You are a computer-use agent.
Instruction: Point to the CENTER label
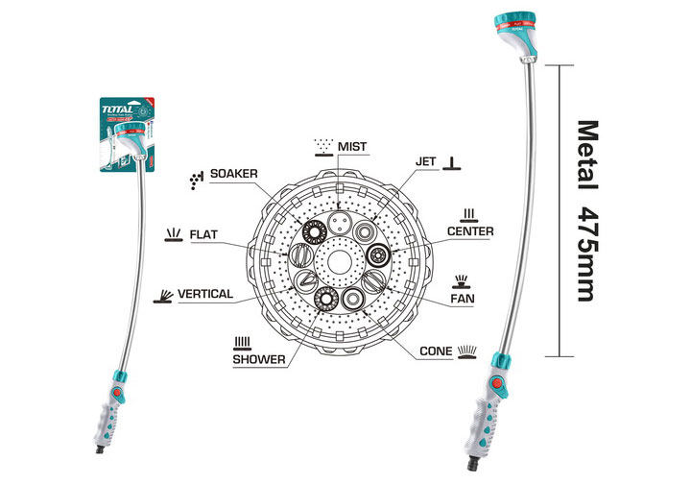tap(470, 231)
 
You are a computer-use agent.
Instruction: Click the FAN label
tap(464, 299)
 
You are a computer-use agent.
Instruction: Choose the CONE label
tap(437, 351)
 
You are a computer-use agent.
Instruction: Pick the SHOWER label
tap(259, 359)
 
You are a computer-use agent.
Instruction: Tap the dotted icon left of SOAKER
tap(197, 179)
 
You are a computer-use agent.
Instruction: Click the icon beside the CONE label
tap(466, 351)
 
